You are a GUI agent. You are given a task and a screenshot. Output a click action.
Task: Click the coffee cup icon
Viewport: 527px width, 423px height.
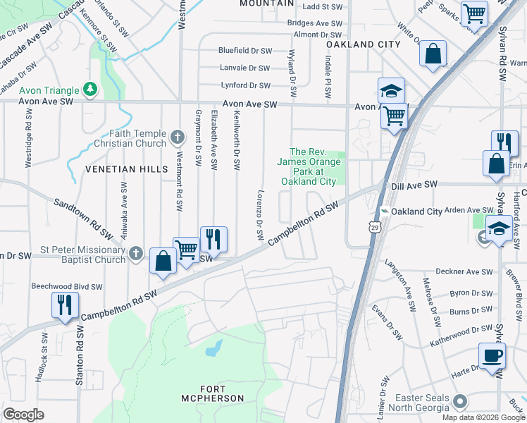[491, 355]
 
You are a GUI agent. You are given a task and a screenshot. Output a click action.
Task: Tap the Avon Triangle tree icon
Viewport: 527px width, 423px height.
[89, 89]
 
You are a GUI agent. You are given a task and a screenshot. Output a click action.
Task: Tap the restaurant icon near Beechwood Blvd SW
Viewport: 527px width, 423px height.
[64, 305]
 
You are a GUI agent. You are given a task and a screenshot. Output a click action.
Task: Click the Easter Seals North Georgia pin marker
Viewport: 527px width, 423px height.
[460, 401]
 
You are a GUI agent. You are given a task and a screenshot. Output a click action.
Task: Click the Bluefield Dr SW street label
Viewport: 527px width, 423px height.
[244, 51]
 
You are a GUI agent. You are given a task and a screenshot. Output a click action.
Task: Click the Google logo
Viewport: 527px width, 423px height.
[24, 415]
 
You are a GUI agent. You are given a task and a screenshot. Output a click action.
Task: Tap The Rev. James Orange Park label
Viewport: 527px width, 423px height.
[309, 166]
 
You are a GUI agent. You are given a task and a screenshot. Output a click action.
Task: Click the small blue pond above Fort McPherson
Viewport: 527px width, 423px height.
[213, 348]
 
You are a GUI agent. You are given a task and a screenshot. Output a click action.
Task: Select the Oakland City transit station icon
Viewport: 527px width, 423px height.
[384, 211]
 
